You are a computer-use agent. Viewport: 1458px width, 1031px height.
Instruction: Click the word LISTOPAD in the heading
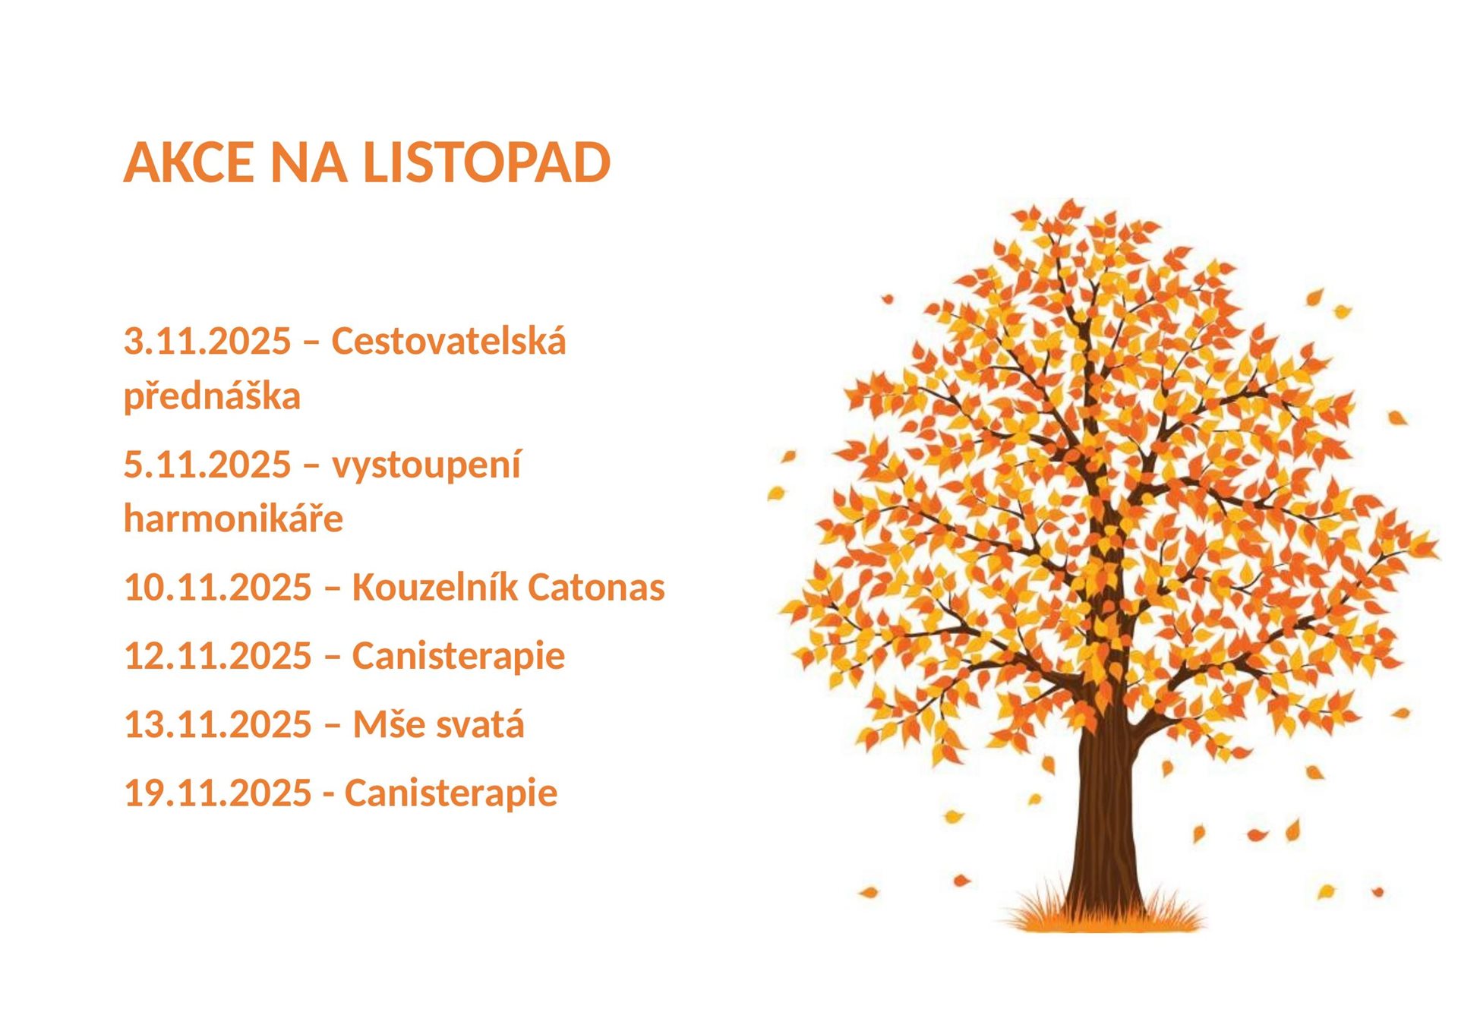487,162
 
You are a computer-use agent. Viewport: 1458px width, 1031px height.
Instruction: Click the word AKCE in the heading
189,162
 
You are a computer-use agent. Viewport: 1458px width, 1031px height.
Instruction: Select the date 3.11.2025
207,341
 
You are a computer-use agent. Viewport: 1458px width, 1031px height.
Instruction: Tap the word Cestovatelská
449,340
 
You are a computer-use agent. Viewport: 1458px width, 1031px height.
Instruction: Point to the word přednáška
212,396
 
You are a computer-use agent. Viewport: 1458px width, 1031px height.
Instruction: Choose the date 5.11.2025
207,464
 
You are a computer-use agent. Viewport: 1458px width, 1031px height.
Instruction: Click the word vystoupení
427,465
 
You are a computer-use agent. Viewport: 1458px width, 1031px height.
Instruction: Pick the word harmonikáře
233,518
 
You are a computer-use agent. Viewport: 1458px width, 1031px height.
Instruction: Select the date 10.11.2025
218,587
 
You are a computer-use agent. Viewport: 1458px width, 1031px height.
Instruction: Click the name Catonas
596,587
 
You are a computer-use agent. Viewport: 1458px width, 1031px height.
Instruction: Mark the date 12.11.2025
218,655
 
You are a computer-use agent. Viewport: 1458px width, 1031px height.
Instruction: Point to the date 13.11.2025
218,724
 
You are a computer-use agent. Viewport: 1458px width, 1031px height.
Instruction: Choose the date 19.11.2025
218,793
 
